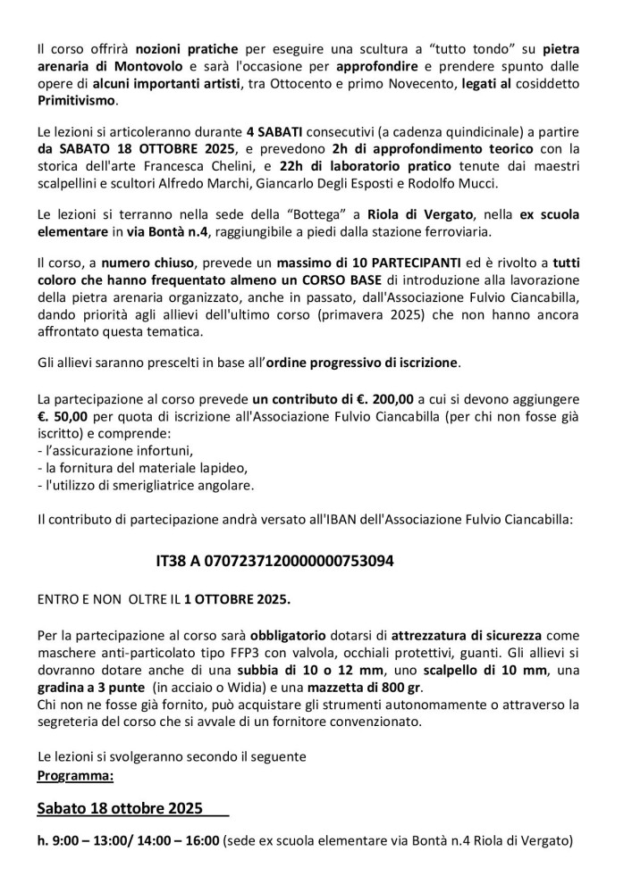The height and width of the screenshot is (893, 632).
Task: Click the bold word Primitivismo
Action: pyautogui.click(x=80, y=101)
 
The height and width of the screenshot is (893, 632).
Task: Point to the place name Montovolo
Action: pyautogui.click(x=150, y=65)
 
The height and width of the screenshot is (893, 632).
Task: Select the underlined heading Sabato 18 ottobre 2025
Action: pyautogui.click(x=125, y=810)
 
